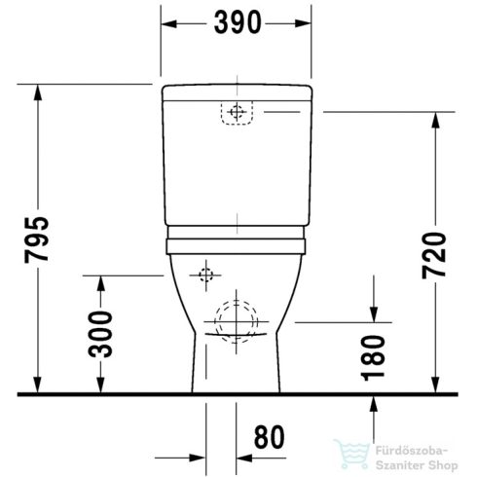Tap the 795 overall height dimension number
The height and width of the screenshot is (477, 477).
pyautogui.click(x=21, y=239)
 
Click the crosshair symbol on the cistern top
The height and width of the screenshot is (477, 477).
pyautogui.click(x=233, y=114)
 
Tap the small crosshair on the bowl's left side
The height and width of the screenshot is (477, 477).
pyautogui.click(x=205, y=275)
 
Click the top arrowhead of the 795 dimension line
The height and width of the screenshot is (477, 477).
pyautogui.click(x=38, y=90)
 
